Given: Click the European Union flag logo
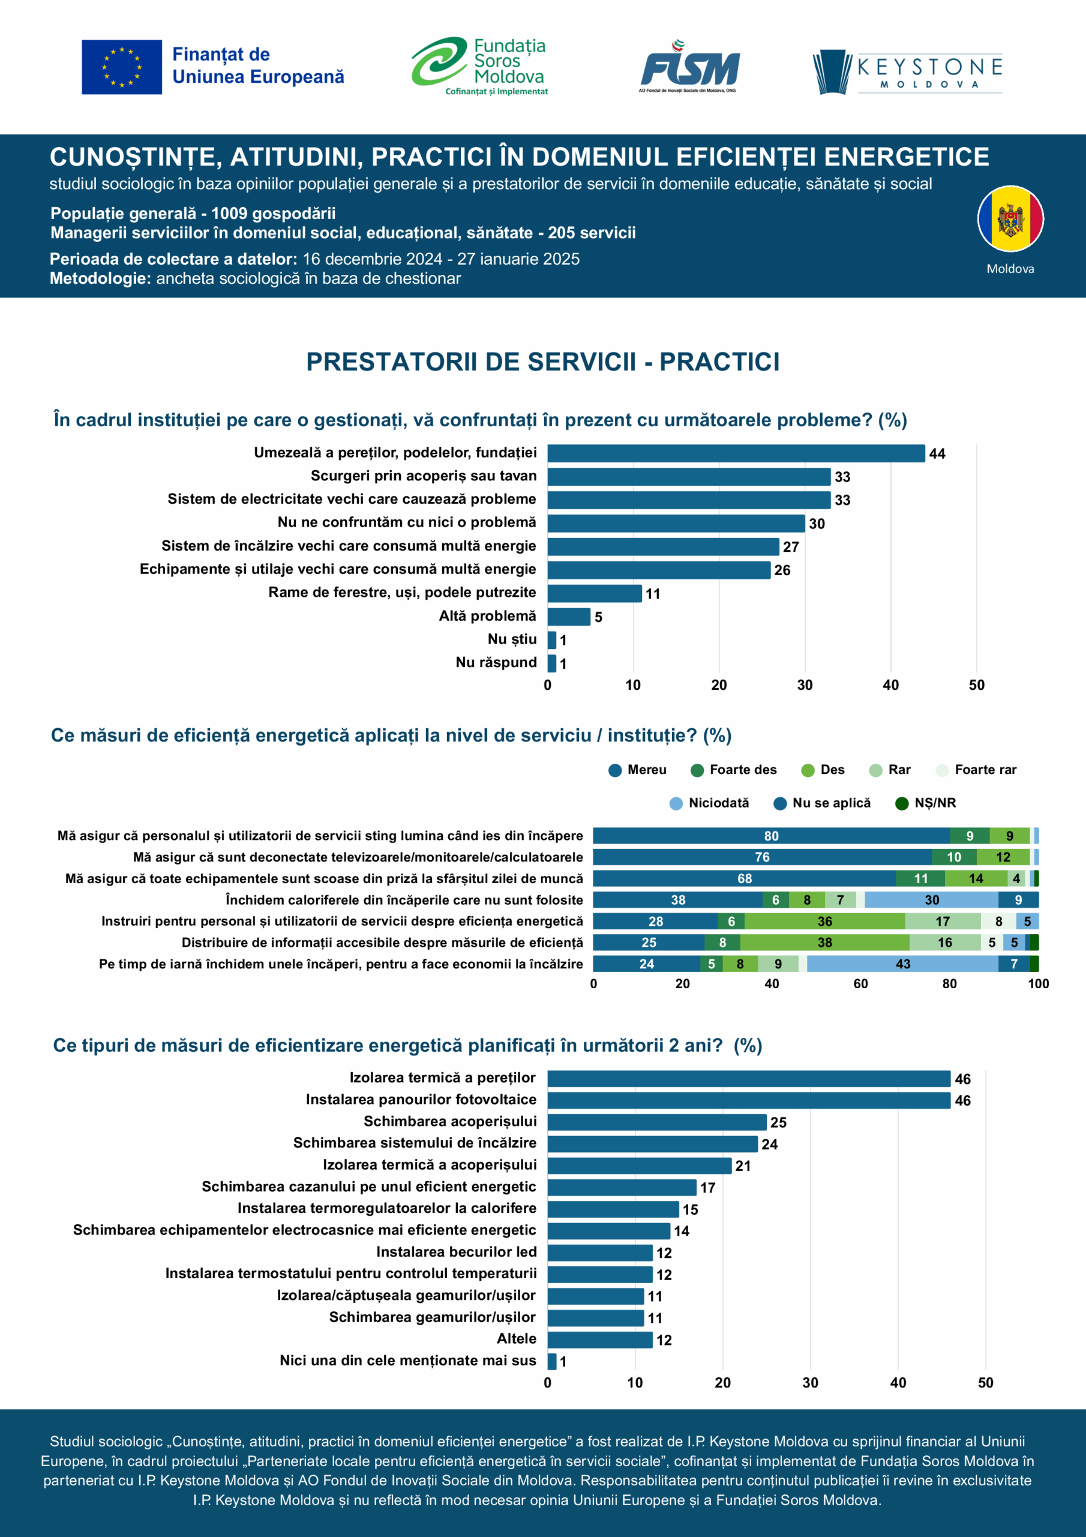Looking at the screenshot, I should tap(122, 67).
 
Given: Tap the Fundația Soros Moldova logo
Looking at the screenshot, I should tap(479, 66).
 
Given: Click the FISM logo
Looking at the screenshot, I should tap(689, 67).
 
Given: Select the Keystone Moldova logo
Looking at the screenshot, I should tap(907, 71).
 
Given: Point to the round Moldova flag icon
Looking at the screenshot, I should tap(1010, 219).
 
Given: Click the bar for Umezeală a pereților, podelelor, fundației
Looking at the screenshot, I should tap(736, 453).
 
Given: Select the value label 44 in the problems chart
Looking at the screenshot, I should tap(937, 454).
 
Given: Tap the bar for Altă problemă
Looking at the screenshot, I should tap(569, 617).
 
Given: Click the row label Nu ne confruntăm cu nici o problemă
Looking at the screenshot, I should tap(407, 522).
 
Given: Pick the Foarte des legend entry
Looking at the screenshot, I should tap(734, 770).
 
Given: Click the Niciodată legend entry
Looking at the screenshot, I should tap(710, 803).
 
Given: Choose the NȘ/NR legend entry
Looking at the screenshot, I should tap(926, 803).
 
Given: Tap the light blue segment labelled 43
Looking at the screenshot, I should tap(902, 964).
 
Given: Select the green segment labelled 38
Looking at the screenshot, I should tap(824, 943).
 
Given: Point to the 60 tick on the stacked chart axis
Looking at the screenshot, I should tap(860, 983).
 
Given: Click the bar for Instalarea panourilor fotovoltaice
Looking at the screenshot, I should tap(749, 1101).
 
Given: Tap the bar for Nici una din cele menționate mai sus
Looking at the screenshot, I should tap(552, 1361).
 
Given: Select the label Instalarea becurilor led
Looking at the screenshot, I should tap(457, 1252).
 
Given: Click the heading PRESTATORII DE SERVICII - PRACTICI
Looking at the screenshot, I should tap(542, 361).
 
